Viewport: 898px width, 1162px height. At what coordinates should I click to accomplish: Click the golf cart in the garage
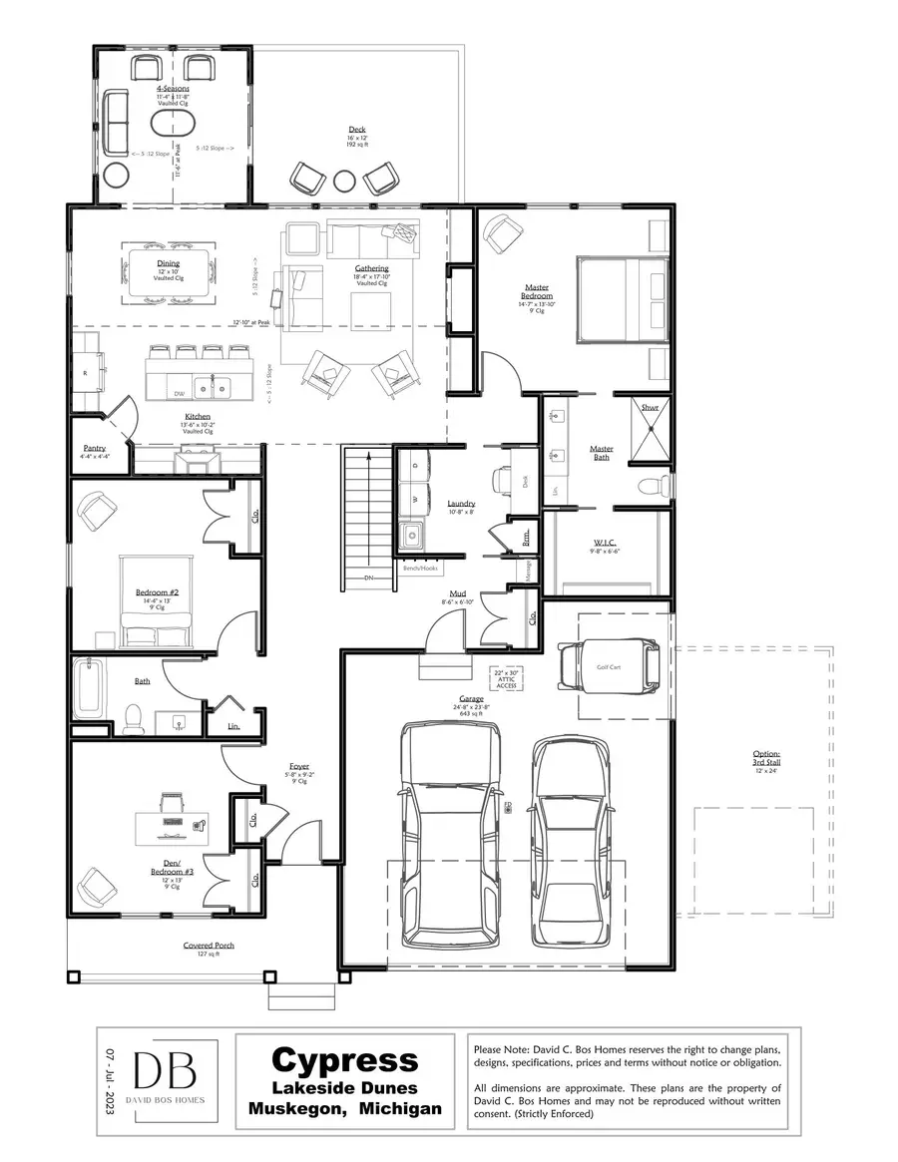(609, 665)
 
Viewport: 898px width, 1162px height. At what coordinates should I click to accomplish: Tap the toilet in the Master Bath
(650, 487)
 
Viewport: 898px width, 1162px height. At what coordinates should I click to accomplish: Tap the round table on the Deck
(344, 181)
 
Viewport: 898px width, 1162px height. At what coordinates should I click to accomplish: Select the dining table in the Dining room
(168, 272)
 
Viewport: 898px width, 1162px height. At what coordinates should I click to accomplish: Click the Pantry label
(94, 449)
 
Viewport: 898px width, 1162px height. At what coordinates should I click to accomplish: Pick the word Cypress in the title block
(345, 1059)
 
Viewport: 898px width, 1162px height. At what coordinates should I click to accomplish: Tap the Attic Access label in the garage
(506, 679)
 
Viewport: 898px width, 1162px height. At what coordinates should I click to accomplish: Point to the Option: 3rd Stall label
(766, 757)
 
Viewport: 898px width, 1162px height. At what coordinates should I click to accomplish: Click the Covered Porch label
(209, 946)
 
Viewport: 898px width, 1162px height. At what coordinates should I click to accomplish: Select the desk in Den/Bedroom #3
(172, 824)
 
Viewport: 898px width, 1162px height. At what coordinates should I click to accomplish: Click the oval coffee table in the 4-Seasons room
(175, 123)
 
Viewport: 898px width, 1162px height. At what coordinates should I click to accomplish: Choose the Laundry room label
(461, 504)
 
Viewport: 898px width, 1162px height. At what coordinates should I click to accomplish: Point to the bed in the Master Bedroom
(621, 300)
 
